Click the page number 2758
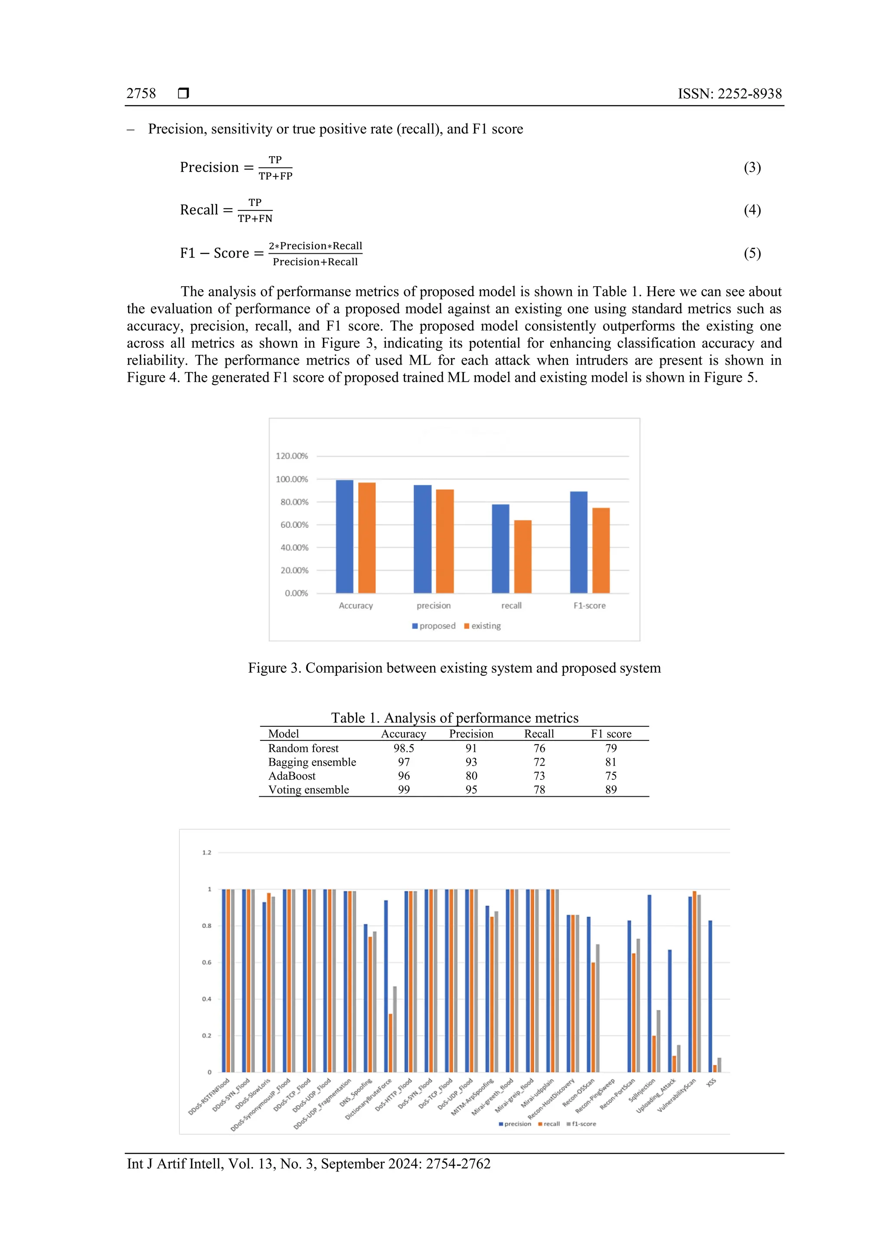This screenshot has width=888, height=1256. coord(141,94)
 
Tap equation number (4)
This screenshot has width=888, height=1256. coord(752,210)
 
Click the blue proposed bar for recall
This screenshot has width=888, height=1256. coord(500,549)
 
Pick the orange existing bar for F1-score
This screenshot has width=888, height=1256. coord(601,550)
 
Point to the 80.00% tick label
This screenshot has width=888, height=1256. coord(294,502)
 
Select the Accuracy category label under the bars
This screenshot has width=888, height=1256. coord(356,605)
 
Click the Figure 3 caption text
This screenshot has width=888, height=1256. coord(454,668)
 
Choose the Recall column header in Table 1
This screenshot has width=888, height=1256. coord(539,734)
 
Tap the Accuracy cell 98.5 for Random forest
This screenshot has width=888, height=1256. coord(404,748)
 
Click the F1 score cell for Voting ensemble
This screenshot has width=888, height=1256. coord(611,789)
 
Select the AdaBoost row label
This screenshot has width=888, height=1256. coord(292,776)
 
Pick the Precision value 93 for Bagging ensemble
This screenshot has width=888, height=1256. coord(471,762)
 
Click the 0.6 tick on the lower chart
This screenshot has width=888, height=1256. coord(207,962)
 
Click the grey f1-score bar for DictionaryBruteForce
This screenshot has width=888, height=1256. coord(395,1030)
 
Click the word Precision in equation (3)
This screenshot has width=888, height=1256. coord(209,167)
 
